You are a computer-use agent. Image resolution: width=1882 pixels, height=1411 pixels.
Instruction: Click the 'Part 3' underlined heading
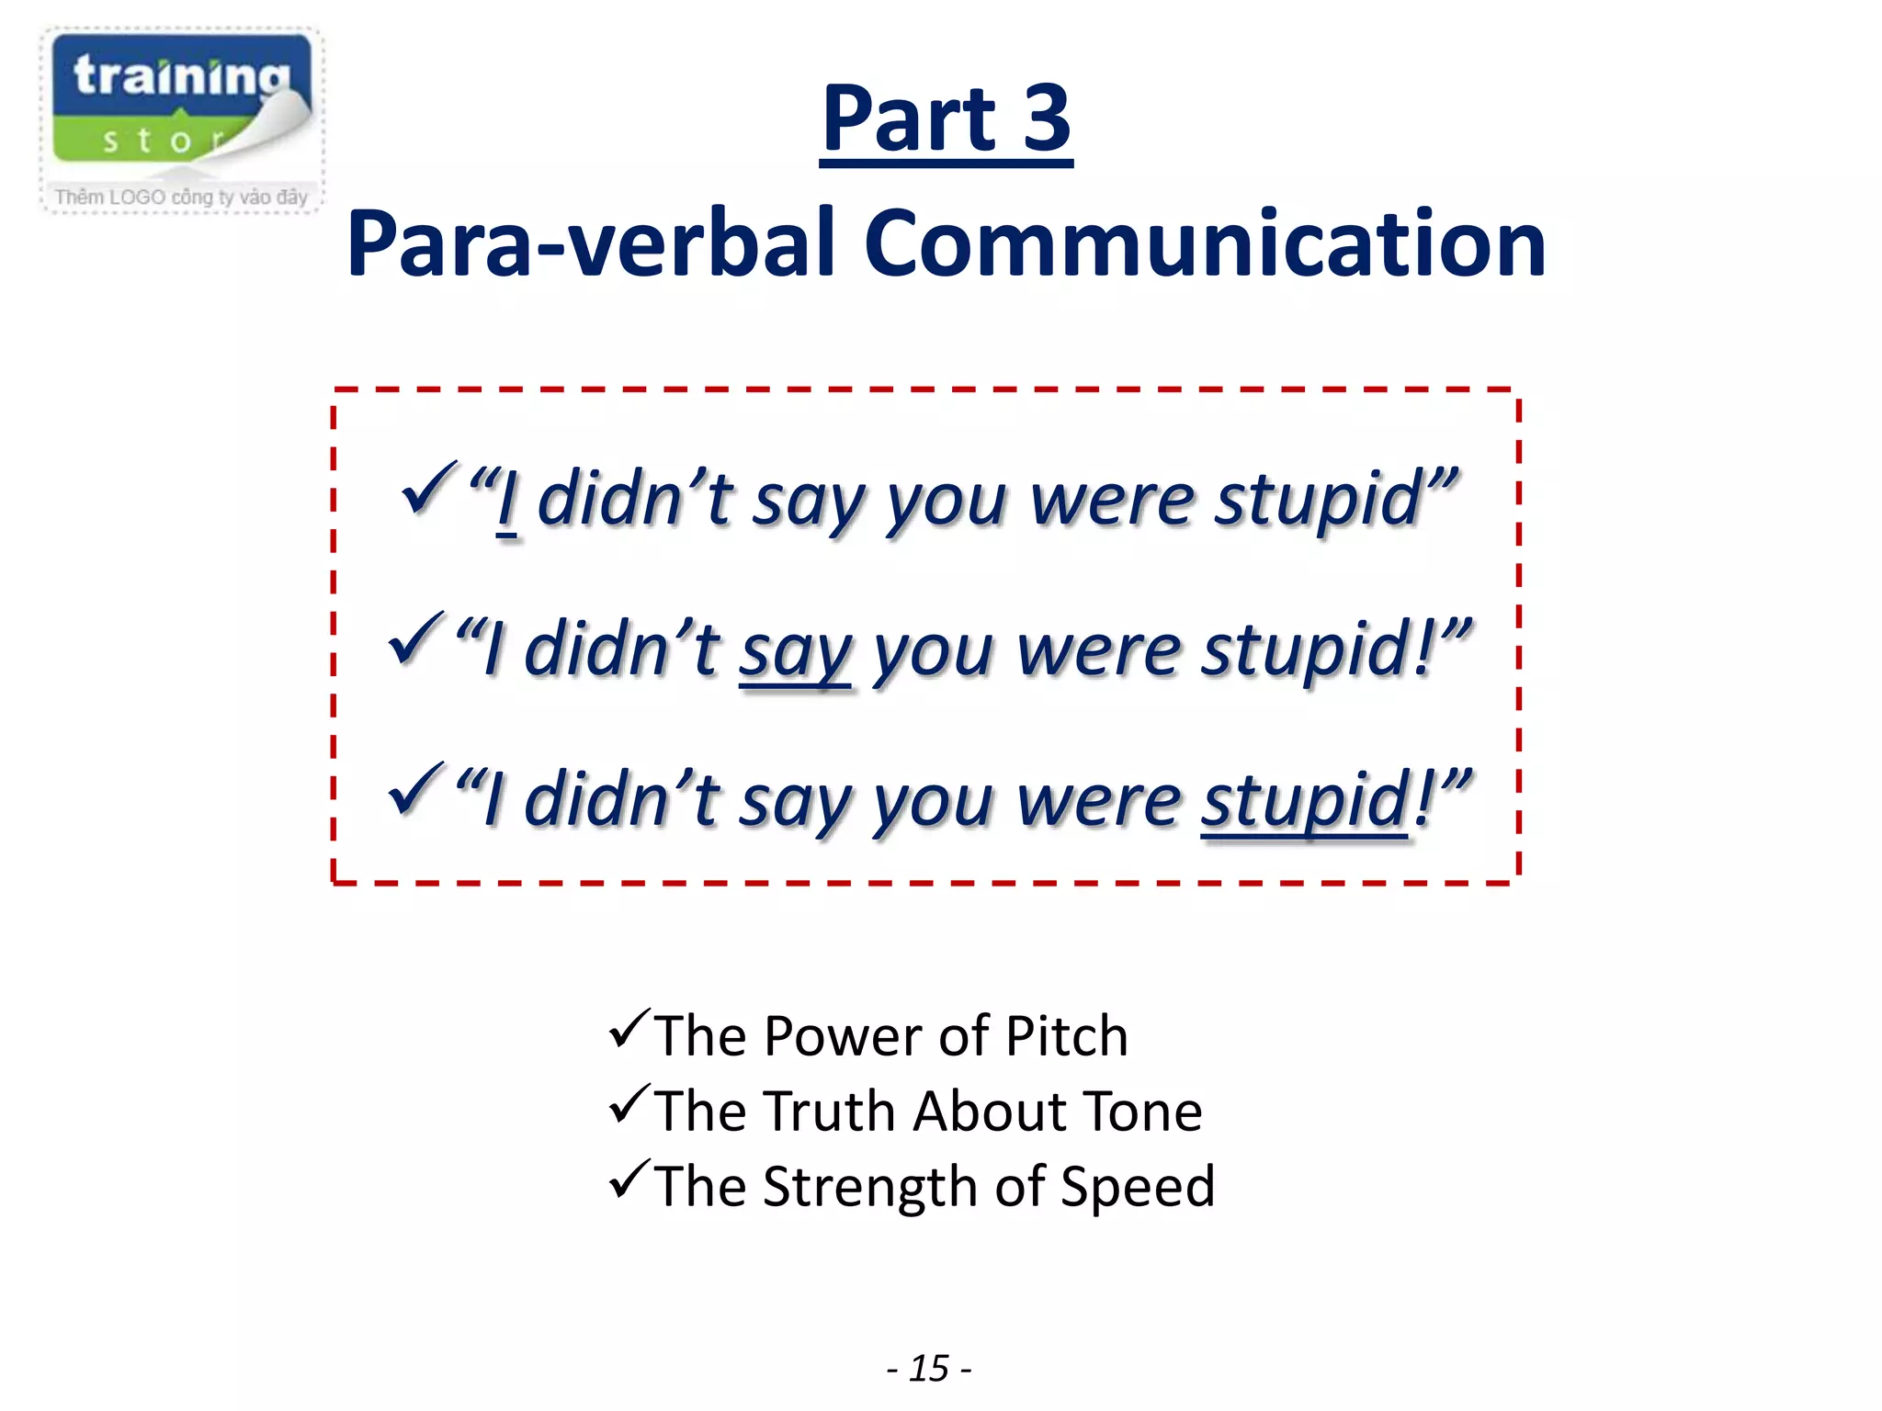click(x=946, y=119)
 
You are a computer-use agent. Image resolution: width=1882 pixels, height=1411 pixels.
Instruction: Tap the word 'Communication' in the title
click(x=1205, y=244)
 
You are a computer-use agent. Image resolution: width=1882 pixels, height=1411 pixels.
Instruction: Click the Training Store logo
click(x=182, y=101)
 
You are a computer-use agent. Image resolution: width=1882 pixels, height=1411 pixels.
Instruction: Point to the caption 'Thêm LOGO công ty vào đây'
click(x=181, y=198)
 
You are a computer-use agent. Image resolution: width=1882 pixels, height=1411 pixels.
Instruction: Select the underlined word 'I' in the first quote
click(x=506, y=502)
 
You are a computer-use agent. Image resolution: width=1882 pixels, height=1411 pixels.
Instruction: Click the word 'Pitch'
click(x=1066, y=1037)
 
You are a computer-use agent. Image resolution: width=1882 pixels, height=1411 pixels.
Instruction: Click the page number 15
click(x=929, y=1369)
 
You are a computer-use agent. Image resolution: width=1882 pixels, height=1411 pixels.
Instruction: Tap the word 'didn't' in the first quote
click(x=634, y=502)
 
